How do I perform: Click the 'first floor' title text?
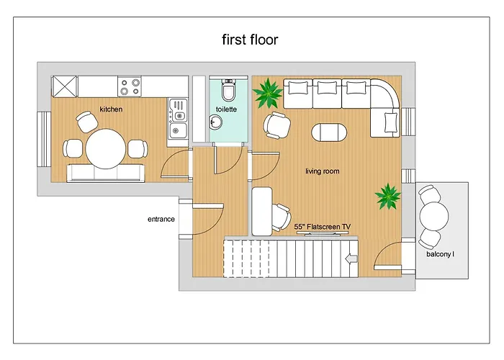pos(250,40)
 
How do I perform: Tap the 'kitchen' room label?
pos(111,109)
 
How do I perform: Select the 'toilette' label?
pos(226,109)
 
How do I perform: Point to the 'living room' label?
pos(323,171)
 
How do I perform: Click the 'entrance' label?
pos(161,219)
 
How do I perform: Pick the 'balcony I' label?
pos(440,254)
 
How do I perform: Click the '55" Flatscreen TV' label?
pos(322,227)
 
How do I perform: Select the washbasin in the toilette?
pos(215,122)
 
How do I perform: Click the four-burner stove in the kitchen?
pos(130,86)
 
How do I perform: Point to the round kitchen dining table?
pos(106,149)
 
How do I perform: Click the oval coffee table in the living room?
pos(329,132)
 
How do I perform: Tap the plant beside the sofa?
pos(267,93)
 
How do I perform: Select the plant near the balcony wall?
pos(388,196)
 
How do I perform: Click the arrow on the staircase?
pos(351,258)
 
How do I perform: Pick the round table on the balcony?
pos(434,216)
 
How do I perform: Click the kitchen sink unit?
pos(178,119)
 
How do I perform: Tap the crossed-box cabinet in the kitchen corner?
pos(65,86)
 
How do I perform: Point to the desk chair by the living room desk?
pos(281,217)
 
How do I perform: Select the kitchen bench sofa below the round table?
pos(105,174)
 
